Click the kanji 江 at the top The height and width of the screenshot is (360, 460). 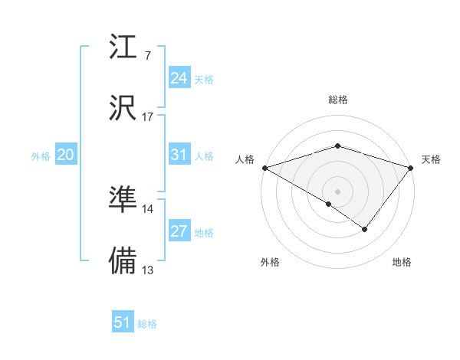pyautogui.click(x=123, y=47)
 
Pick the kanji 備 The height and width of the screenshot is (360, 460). pyautogui.click(x=123, y=260)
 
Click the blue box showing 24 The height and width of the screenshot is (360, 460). pyautogui.click(x=179, y=78)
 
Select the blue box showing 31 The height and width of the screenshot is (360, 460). pyautogui.click(x=179, y=155)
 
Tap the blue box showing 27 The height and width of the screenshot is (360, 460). pyautogui.click(x=179, y=231)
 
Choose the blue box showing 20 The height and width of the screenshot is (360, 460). pyautogui.click(x=65, y=155)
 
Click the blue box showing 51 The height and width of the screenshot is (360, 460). pyautogui.click(x=123, y=322)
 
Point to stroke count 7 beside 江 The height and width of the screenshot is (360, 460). pyautogui.click(x=147, y=56)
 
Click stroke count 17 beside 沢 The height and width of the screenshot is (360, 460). pyautogui.click(x=147, y=117)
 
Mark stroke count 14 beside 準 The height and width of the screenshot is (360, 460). pyautogui.click(x=147, y=208)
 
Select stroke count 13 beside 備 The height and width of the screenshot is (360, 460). pyautogui.click(x=147, y=270)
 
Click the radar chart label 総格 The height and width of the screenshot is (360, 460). pyautogui.click(x=338, y=100)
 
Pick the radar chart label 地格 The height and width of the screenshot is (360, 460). pyautogui.click(x=402, y=262)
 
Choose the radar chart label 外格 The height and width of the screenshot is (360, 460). pyautogui.click(x=270, y=262)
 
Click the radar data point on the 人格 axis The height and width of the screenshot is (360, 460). pyautogui.click(x=264, y=167)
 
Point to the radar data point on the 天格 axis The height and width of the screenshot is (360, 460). pyautogui.click(x=412, y=167)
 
